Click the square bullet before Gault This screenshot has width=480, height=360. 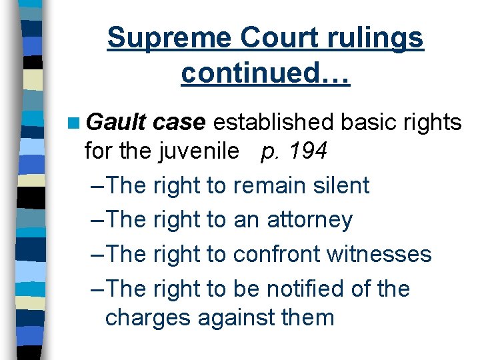[73, 123]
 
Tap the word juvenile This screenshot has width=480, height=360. [199, 153]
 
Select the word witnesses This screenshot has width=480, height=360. [382, 254]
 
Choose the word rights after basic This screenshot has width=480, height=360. [429, 122]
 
